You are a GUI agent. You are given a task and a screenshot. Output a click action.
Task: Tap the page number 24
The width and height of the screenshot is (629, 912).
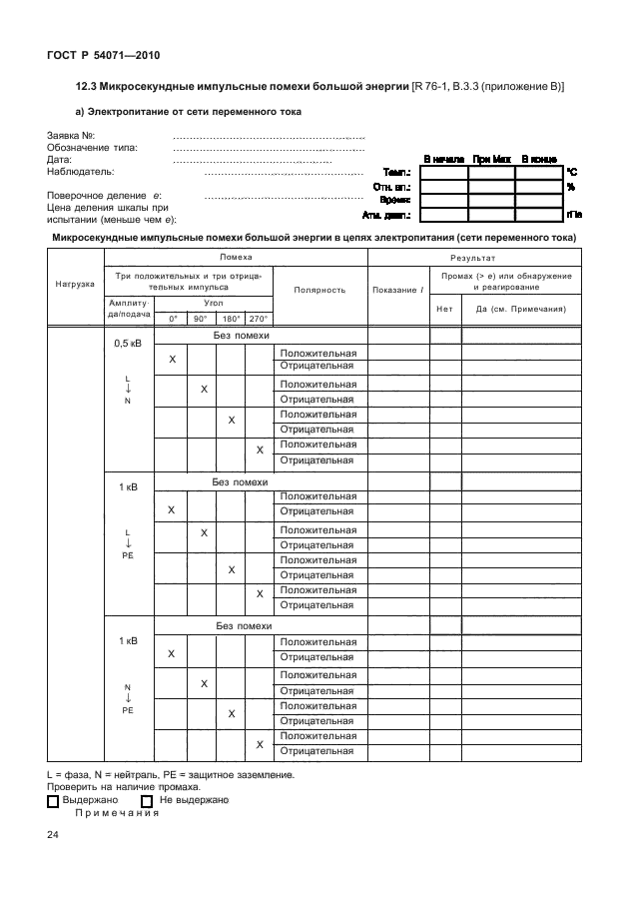click(53, 835)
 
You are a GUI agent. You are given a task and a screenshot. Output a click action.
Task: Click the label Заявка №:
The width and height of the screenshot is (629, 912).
click(71, 135)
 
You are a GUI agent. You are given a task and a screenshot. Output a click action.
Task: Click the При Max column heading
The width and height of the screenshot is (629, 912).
click(491, 159)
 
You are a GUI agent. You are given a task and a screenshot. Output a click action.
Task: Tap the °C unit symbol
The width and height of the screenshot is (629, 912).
click(572, 173)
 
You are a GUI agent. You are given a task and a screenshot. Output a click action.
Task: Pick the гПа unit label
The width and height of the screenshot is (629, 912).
click(573, 214)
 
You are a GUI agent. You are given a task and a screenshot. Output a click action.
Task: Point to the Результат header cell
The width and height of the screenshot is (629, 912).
click(473, 258)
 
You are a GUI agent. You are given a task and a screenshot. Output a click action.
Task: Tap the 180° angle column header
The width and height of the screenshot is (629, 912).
click(231, 319)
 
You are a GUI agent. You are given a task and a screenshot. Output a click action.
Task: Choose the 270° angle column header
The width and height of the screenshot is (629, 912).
click(259, 319)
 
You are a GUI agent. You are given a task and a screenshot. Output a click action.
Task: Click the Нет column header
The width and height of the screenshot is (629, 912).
click(444, 309)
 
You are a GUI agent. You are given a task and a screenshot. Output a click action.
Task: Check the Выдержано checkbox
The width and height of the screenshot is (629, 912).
click(53, 801)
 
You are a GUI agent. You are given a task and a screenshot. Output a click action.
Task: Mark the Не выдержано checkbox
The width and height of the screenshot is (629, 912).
click(147, 801)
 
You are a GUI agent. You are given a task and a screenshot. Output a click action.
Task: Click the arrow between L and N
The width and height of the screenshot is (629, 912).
click(128, 389)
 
